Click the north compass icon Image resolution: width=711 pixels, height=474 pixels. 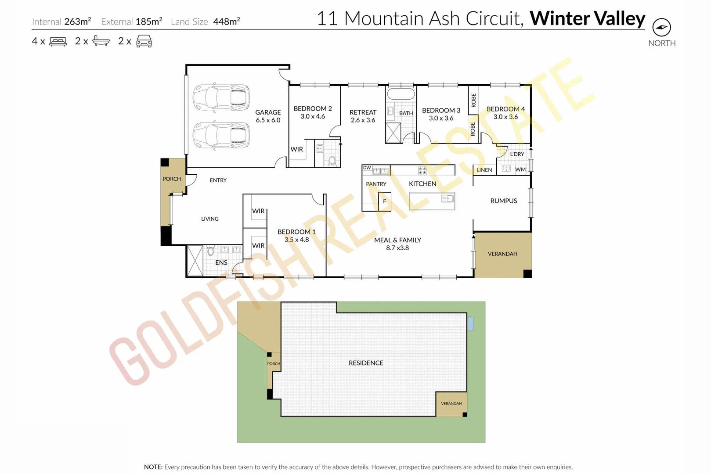pos(661,28)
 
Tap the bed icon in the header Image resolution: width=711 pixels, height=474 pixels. pos(58,42)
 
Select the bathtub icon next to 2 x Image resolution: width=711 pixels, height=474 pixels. pos(101,41)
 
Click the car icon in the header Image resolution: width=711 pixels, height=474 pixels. pos(144,41)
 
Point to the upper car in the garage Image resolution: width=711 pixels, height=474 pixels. pos(221,97)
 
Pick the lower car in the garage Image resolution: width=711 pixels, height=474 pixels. pos(221,135)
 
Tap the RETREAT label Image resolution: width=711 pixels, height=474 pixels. pos(363,112)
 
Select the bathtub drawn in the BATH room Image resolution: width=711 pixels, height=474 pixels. pos(401,94)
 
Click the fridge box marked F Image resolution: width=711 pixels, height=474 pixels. pos(384,201)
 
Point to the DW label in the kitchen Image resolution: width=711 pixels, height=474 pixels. pos(367,168)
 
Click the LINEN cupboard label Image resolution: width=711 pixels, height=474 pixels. pos(484,170)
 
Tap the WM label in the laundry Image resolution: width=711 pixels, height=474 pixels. pos(520,169)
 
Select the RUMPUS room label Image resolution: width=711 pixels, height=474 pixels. pos(504,201)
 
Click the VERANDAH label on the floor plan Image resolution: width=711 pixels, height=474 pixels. pos(502,254)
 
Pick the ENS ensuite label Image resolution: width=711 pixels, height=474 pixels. pos(221,262)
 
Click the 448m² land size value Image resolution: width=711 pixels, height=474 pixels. pos(227,22)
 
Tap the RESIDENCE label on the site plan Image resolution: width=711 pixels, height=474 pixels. pos(366,363)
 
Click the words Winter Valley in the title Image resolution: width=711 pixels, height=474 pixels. pos(587,18)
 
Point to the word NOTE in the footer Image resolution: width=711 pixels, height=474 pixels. pos(153,467)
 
